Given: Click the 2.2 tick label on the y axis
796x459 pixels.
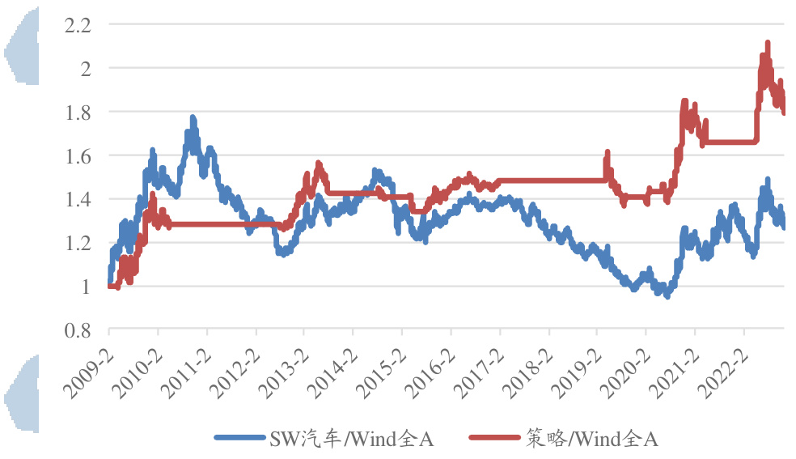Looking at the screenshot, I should (78, 25).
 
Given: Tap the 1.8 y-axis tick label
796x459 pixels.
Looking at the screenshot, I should (78, 113).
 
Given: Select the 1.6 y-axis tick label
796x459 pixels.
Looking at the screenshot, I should (78, 156).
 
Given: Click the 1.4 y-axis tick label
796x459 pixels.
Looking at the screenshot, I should (78, 199).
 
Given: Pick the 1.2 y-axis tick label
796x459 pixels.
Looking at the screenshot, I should (78, 243).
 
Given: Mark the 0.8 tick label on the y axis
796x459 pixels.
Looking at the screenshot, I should (78, 330).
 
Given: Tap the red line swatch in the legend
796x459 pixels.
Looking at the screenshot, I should (494, 439).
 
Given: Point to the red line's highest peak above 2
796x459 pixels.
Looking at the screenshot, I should (767, 42).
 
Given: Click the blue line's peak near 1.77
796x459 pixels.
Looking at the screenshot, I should (193, 118).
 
